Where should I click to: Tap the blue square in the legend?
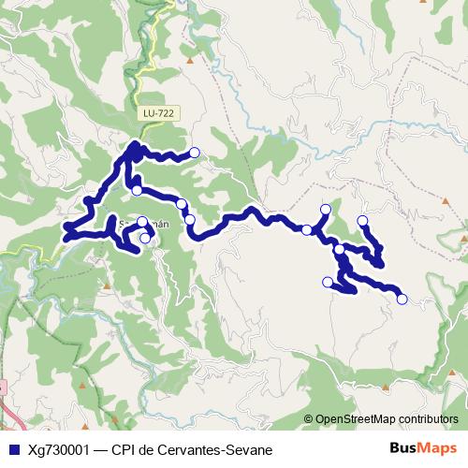11,449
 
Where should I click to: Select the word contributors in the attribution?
426,419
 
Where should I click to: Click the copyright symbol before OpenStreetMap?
309,419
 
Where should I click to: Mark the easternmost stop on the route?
402,300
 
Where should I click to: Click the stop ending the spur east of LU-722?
195,153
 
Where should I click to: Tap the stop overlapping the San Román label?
142,222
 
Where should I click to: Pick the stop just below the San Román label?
145,239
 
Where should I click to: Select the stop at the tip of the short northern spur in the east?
326,209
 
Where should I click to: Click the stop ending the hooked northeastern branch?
362,221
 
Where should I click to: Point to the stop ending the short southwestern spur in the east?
327,282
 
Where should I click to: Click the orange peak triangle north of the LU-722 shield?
190,62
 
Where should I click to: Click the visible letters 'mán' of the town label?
161,224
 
